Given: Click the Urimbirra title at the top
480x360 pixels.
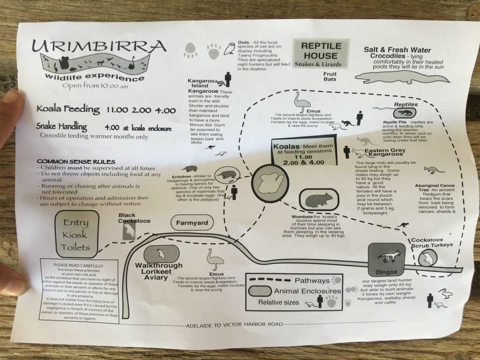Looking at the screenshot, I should pos(99,47).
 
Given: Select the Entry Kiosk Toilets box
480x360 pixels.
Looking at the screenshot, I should pos(76,235).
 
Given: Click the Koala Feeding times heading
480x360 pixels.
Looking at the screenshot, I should pos(106,110).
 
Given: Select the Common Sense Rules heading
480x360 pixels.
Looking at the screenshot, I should pos(67,161).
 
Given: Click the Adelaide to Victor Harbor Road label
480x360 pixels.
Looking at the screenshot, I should pos(234,324).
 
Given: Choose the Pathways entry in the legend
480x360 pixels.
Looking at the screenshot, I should pos(312,280).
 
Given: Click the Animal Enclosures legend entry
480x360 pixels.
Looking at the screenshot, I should pos(307,291).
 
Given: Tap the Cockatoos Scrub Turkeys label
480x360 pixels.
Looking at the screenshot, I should pos(432,242).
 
